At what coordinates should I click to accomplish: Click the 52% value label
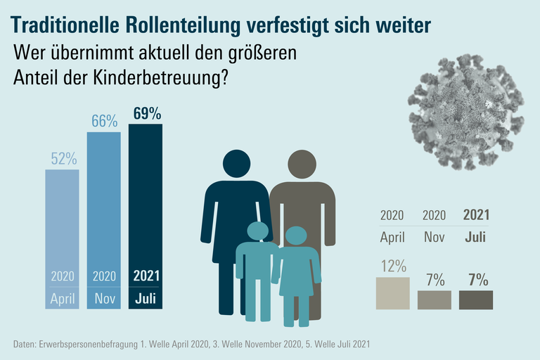pos(63,159)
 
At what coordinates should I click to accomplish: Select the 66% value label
pos(104,121)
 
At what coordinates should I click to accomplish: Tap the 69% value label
pos(146,114)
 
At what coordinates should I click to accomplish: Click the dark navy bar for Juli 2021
pos(146,211)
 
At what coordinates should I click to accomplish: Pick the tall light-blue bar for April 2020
pos(63,232)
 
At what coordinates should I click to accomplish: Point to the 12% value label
pos(393,266)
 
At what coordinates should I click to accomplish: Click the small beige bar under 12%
pos(393,293)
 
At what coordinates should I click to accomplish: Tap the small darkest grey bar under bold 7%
pos(476,300)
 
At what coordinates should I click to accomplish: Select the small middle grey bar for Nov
pos(435,300)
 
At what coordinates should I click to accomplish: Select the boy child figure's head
pos(257,231)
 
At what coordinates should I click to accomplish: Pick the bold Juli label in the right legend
pos(476,237)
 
